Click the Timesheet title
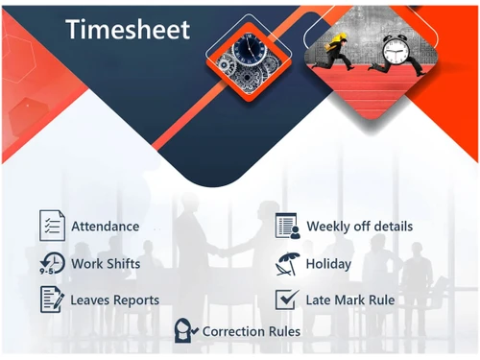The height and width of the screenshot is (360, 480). tap(128, 30)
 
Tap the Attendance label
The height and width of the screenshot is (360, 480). tap(105, 227)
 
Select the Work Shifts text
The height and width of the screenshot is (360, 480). tap(105, 264)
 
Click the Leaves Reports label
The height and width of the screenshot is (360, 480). tap(114, 300)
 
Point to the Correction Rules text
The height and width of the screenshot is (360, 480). tap(251, 331)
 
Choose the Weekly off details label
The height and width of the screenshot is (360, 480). tap(359, 227)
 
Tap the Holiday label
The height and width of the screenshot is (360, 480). tap(328, 264)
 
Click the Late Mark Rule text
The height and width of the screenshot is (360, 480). tap(349, 300)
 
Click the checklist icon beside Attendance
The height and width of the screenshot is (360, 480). tap(51, 226)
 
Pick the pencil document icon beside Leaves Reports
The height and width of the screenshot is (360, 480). tap(51, 300)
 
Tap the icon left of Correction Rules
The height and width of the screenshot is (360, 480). tap(185, 331)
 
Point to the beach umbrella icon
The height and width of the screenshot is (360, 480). tap(287, 263)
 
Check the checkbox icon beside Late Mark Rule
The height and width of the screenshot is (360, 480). tap(286, 300)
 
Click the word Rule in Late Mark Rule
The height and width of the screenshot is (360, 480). tap(380, 300)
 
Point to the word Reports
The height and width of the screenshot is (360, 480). tap(136, 300)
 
